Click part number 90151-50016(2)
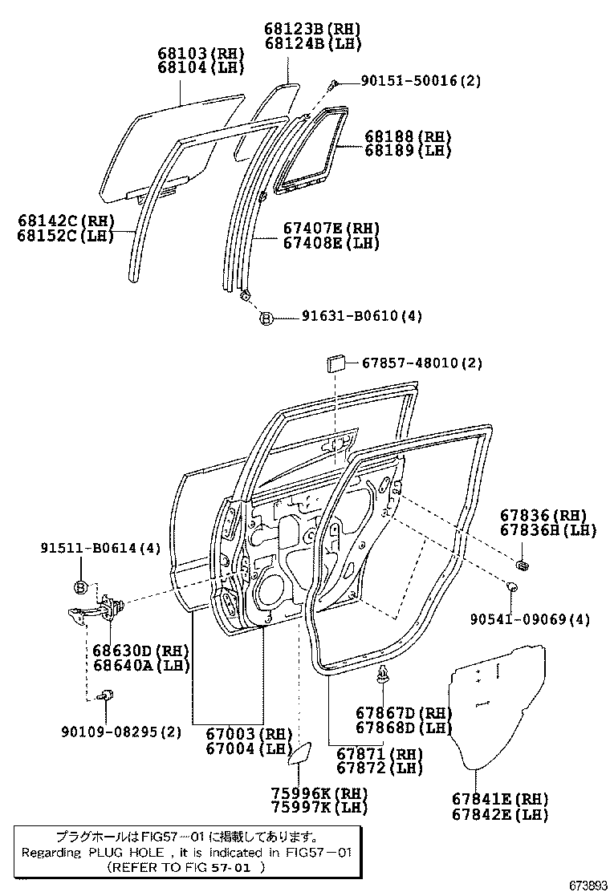click(421, 81)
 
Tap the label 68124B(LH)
click(313, 43)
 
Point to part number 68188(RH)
click(408, 136)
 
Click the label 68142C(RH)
click(66, 221)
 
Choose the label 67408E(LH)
click(331, 242)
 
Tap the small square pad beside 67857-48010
click(335, 365)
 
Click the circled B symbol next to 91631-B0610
click(266, 318)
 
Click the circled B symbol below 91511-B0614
click(80, 587)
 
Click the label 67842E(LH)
click(499, 814)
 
